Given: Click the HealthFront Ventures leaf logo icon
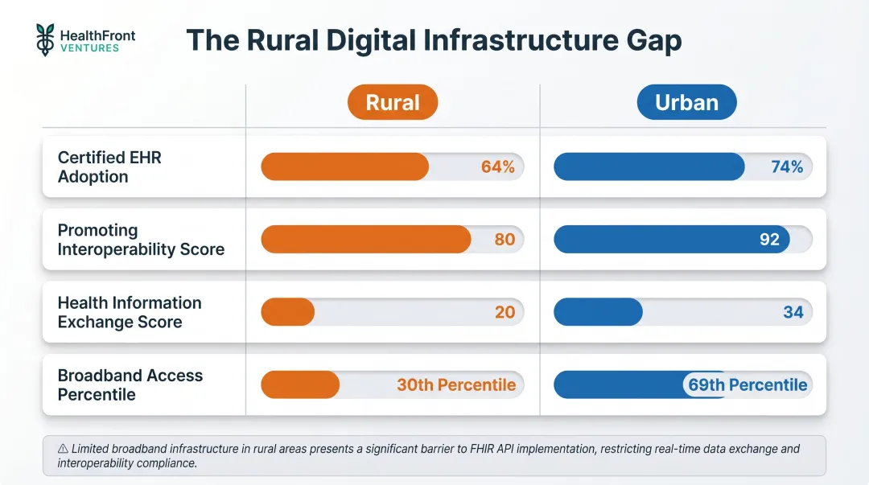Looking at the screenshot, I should click(45, 39).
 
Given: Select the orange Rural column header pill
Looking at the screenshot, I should click(393, 102).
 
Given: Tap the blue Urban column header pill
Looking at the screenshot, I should click(686, 102).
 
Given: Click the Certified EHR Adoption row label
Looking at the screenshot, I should click(109, 167).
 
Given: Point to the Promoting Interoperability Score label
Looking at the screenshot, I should click(141, 240).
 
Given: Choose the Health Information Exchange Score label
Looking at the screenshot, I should click(130, 312).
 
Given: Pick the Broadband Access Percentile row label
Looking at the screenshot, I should click(130, 384).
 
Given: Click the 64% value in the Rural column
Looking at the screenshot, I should click(497, 166).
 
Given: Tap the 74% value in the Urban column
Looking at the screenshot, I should click(786, 166).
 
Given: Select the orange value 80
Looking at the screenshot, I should click(505, 240).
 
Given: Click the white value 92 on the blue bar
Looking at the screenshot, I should click(769, 240).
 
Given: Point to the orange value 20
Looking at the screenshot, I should click(505, 312).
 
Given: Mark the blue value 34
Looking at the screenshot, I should click(793, 312).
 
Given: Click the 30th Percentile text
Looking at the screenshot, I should click(456, 384).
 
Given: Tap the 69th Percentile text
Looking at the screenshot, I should click(748, 384).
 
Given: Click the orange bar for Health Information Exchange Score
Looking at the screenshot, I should click(287, 312).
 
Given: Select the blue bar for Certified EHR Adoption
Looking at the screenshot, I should click(649, 166).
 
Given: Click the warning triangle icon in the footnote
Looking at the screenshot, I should click(63, 449).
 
